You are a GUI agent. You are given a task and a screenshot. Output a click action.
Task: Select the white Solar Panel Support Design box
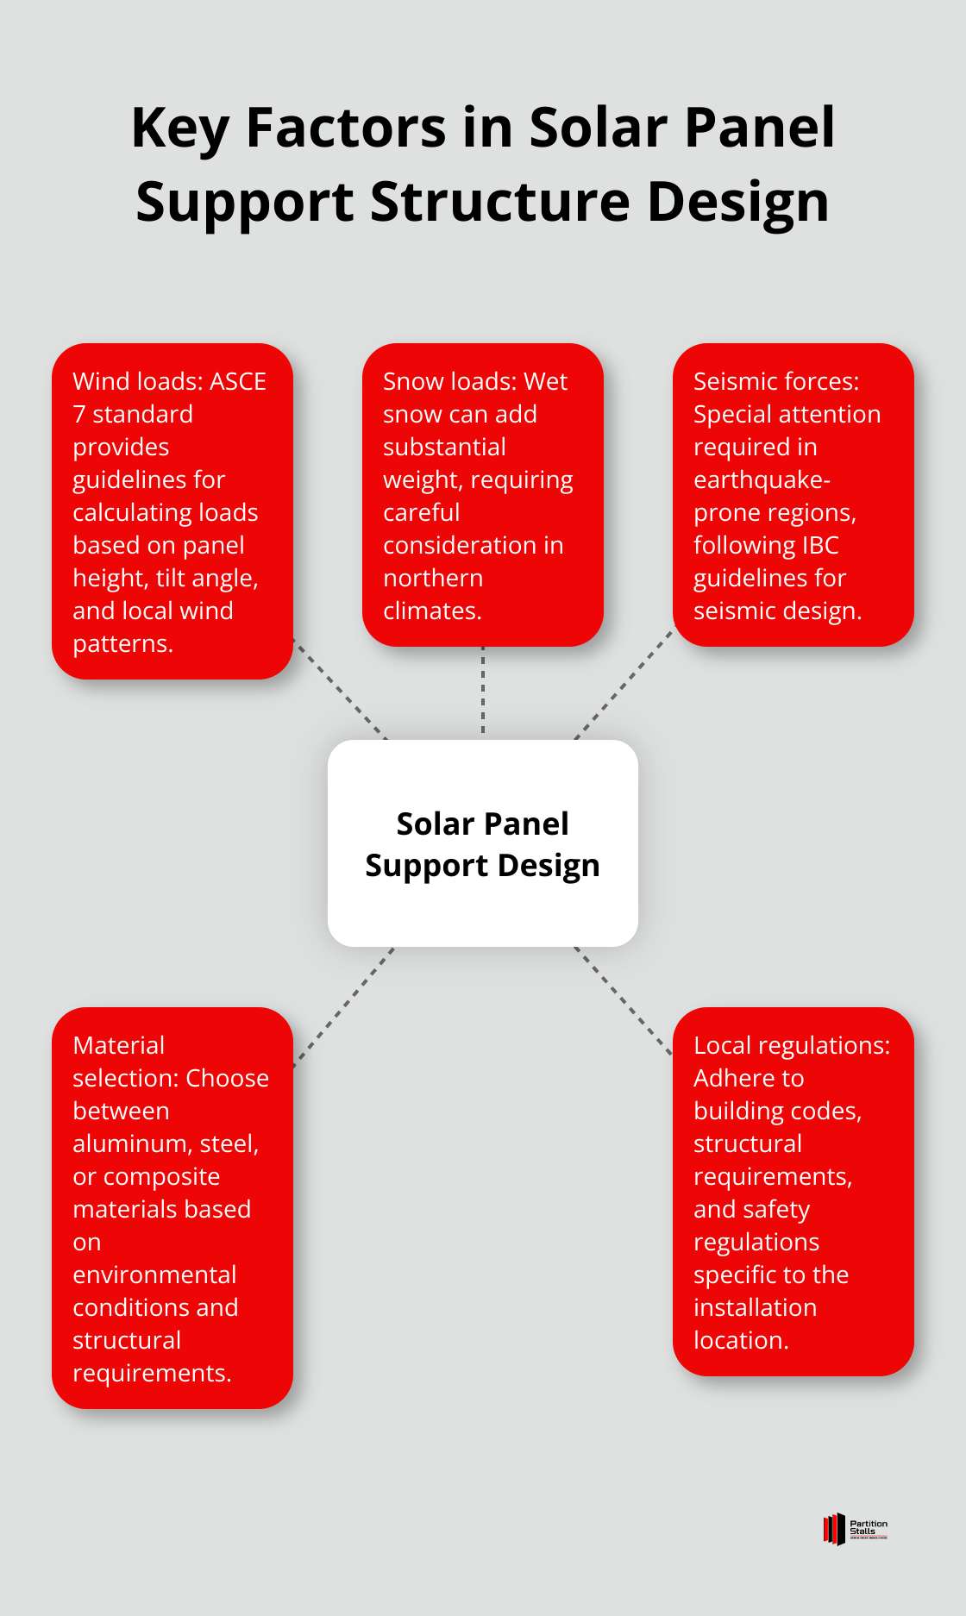click(483, 843)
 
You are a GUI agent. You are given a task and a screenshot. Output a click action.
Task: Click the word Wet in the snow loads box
click(547, 381)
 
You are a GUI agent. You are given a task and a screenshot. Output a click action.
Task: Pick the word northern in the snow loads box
click(433, 578)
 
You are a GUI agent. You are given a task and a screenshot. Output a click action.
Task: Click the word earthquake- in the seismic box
click(762, 479)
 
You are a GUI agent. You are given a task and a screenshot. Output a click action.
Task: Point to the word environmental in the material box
click(154, 1275)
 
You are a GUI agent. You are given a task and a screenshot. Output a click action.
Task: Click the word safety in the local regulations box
click(776, 1209)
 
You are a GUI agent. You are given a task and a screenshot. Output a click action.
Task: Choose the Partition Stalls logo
click(855, 1529)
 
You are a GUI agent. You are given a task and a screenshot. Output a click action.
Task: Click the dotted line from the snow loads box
click(483, 690)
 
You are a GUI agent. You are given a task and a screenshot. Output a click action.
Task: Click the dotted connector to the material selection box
click(344, 1006)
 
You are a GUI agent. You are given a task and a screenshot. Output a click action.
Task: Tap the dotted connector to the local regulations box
click(623, 999)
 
